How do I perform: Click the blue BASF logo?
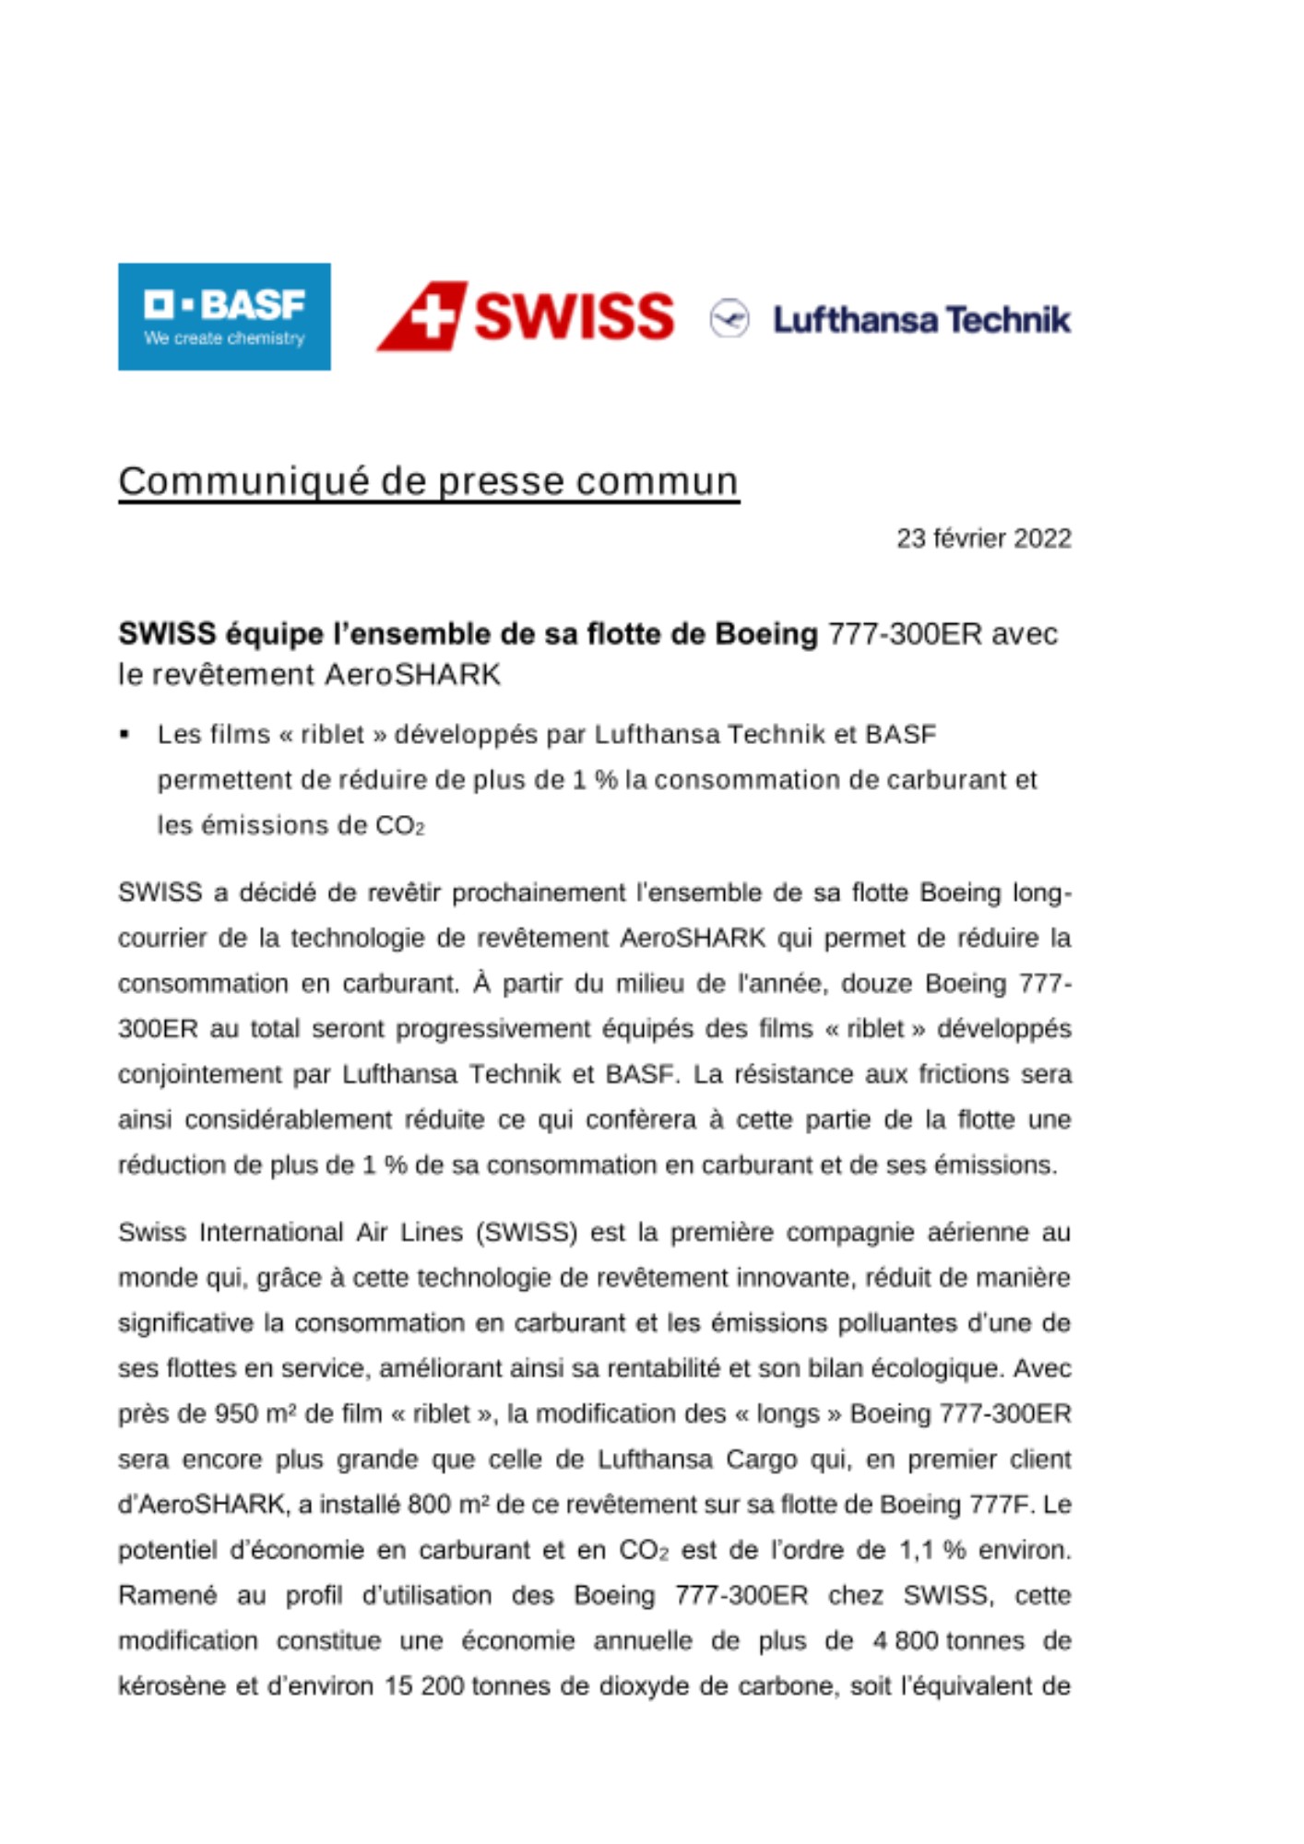click(x=224, y=316)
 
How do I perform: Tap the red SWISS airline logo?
click(x=526, y=316)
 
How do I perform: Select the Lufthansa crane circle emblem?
click(x=729, y=319)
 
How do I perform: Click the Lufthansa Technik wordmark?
click(x=921, y=320)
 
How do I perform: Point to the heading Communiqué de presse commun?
click(x=429, y=481)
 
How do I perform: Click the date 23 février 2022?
click(x=983, y=538)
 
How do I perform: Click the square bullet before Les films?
click(x=124, y=735)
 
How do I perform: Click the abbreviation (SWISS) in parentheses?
click(x=527, y=1233)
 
